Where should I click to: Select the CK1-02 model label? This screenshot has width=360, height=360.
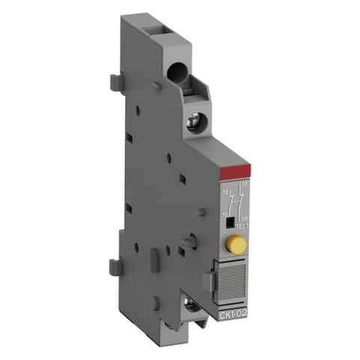click(x=234, y=304)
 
